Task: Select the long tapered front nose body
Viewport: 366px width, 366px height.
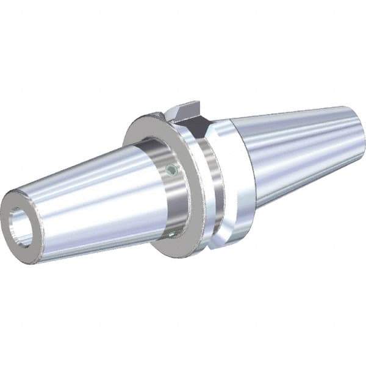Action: click(x=85, y=195)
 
